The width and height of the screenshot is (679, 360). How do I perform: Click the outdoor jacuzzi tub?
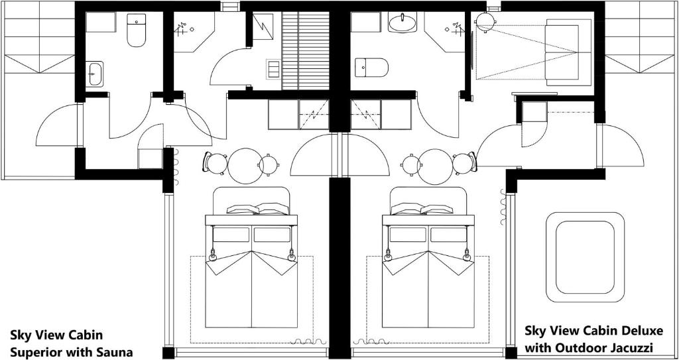click(585, 257)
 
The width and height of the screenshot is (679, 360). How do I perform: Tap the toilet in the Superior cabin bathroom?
click(137, 30)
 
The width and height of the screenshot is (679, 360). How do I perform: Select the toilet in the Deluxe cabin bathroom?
click(371, 67)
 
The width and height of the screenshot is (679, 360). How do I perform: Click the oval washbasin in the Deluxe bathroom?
click(402, 22)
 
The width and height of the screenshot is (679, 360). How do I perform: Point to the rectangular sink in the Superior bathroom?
click(94, 74)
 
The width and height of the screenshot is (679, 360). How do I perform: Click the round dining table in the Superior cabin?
click(245, 166)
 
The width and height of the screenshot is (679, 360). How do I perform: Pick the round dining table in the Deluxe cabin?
click(436, 166)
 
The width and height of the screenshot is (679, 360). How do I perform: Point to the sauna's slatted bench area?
click(306, 50)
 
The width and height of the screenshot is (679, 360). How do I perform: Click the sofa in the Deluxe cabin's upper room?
click(562, 52)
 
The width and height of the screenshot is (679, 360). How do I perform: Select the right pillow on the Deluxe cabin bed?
click(437, 209)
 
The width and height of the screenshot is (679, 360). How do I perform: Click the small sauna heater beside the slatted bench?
click(273, 70)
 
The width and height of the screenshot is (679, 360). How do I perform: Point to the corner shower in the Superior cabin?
click(194, 32)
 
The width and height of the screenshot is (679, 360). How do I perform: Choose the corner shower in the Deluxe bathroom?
click(445, 32)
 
